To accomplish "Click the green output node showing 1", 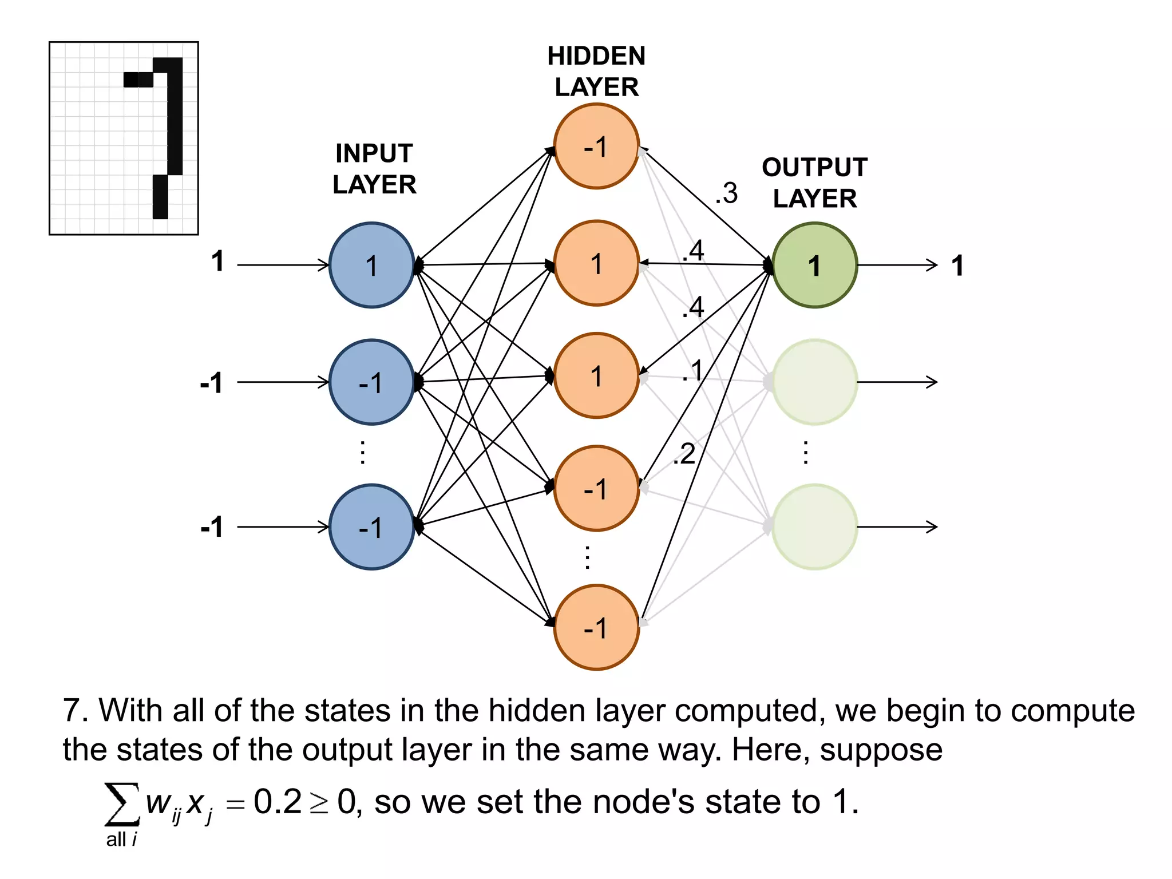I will [x=814, y=266].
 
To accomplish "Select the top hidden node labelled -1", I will [x=596, y=146].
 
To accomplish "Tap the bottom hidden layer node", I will [x=596, y=627].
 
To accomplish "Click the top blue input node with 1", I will [x=372, y=266].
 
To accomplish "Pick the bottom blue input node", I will [x=372, y=526].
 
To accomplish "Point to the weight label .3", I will [x=727, y=193].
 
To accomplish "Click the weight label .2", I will [x=684, y=454].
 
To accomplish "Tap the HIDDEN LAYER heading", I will [x=596, y=72].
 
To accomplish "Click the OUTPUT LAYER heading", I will [x=815, y=183].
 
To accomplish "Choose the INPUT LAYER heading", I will [x=374, y=169].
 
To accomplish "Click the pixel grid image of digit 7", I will [x=124, y=138].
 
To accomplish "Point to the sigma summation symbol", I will [x=121, y=804].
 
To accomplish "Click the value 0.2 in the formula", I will [x=278, y=802].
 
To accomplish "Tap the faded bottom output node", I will [x=814, y=526].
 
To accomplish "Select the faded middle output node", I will [x=814, y=382].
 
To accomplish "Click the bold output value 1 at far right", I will [x=957, y=266].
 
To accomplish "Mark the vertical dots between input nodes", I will [x=362, y=452].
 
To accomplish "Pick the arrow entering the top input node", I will [x=283, y=265].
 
